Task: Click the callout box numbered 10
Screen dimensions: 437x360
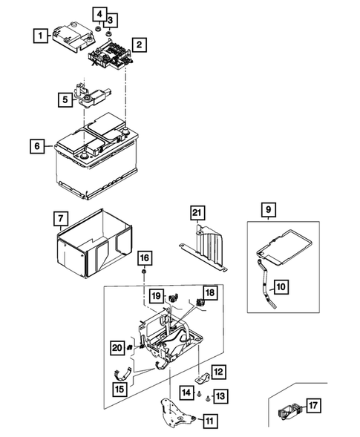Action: [x=281, y=286]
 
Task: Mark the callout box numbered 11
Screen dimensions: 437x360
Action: [x=212, y=420]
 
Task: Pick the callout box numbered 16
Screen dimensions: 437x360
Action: [x=143, y=257]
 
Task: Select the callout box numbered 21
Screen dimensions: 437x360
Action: [x=196, y=214]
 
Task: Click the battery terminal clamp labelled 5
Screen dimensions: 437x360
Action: [x=95, y=96]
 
